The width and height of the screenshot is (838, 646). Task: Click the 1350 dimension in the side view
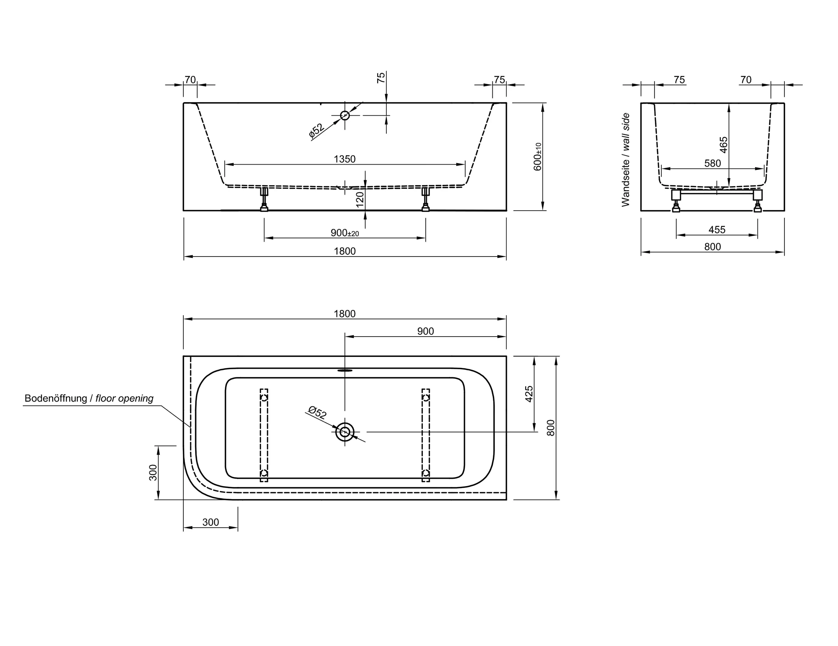[x=344, y=159]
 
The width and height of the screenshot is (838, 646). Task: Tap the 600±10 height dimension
[x=537, y=156]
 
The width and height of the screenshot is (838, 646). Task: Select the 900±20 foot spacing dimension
[x=344, y=233]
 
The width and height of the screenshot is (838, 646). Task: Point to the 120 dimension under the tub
[x=359, y=199]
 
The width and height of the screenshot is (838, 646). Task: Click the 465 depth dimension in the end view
[x=723, y=145]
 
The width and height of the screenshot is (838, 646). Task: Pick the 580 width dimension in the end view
[x=712, y=164]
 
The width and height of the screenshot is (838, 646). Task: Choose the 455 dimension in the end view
[x=717, y=230]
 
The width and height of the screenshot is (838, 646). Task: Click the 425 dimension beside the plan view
[x=529, y=394]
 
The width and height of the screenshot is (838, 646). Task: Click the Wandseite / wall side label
[x=625, y=160]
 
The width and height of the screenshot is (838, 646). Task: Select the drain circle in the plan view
[x=344, y=432]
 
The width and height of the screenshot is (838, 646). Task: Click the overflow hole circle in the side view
[x=344, y=115]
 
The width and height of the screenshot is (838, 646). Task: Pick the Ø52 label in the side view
[x=316, y=131]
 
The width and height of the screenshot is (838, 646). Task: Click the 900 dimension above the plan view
[x=425, y=331]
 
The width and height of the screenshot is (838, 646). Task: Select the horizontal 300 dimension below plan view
[x=211, y=522]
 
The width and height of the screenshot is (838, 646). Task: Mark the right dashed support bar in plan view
[x=425, y=435]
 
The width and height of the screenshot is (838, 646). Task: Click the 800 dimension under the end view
[x=712, y=247]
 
